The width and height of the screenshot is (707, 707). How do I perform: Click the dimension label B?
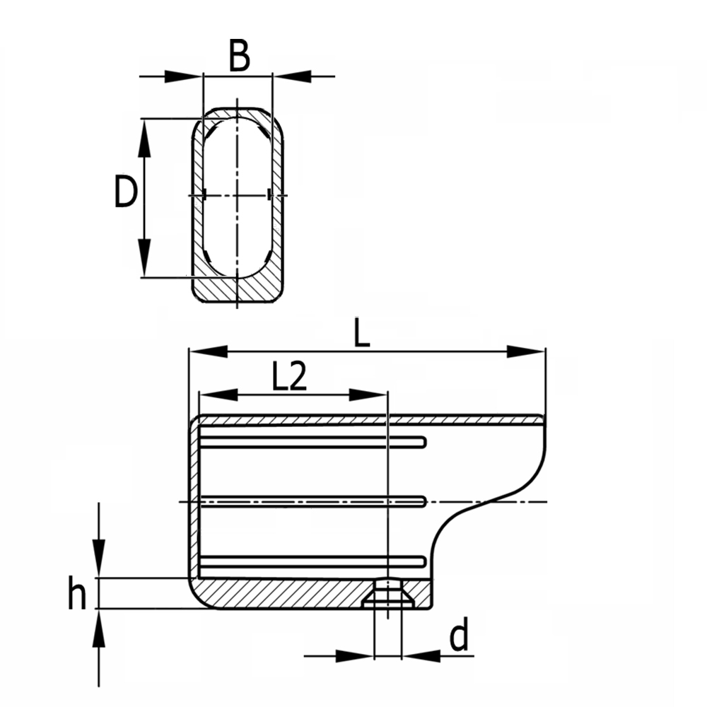pos(240,57)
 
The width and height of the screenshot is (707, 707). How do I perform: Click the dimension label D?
pos(125,192)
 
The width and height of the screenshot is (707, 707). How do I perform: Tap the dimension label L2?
pos(289,378)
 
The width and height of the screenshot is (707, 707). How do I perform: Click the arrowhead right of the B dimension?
pos(291,75)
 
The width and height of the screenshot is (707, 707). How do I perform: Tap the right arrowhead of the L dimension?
pos(526,351)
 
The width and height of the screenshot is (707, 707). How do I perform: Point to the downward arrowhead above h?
pos(99,559)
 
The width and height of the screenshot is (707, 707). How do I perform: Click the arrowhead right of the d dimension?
pos(419,656)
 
